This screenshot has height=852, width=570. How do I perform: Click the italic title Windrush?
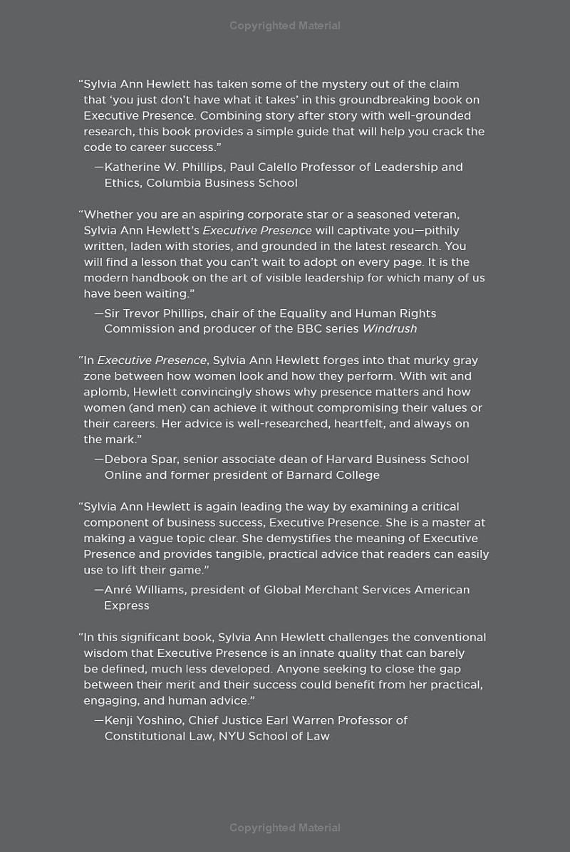tap(390, 329)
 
